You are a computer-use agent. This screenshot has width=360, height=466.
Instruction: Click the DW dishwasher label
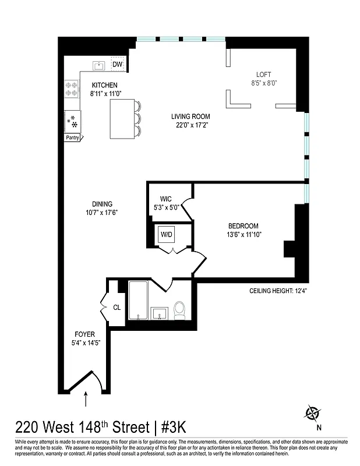[118, 65]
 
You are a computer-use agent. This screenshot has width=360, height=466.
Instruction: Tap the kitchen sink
[100, 65]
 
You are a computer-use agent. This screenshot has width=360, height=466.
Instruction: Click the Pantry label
[73, 138]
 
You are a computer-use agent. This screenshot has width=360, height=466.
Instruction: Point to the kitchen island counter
[122, 119]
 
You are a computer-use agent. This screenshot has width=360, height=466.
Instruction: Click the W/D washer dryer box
[166, 235]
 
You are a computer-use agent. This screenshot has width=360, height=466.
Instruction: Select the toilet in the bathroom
[180, 310]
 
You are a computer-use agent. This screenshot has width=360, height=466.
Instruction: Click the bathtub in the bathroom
[139, 300]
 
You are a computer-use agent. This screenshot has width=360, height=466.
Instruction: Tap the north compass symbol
[312, 414]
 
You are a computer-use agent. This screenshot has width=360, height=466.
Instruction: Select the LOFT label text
[264, 75]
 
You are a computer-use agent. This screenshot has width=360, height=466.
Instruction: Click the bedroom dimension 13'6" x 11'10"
[243, 235]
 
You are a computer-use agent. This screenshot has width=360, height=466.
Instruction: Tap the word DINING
[102, 204]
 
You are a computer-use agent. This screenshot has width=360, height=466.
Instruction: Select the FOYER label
[84, 334]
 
